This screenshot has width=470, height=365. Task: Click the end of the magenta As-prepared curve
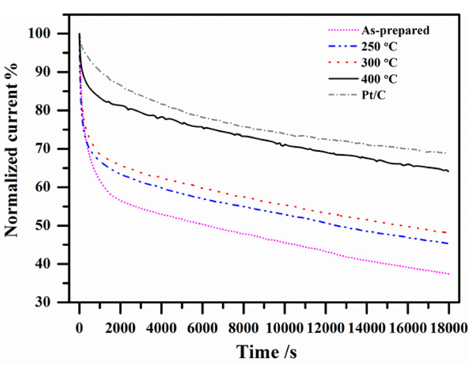coord(448,274)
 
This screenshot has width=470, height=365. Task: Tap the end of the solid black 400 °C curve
coord(448,171)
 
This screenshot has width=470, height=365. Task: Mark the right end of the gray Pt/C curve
coord(446,153)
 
